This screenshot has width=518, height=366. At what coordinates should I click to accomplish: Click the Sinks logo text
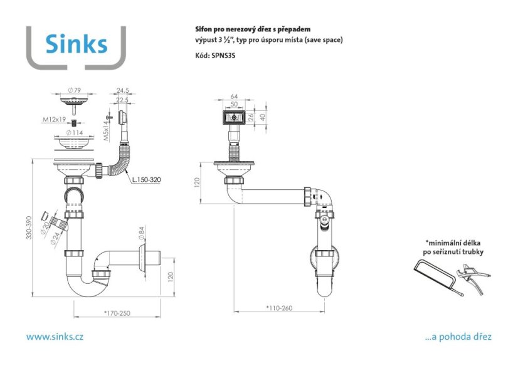[x=77, y=44]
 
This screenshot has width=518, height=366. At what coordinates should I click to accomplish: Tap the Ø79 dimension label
[x=75, y=90]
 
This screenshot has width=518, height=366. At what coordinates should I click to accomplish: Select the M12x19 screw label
[x=54, y=119]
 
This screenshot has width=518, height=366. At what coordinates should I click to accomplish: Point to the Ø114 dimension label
[x=75, y=133]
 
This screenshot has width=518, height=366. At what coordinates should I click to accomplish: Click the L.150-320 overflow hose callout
[x=146, y=179]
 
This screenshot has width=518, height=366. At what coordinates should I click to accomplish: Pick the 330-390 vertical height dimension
[x=29, y=227]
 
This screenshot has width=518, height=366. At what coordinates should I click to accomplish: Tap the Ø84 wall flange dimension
[x=141, y=233]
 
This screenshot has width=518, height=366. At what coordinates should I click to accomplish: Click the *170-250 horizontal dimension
[x=117, y=313]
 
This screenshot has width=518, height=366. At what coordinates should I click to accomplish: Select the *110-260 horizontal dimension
[x=279, y=308]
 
